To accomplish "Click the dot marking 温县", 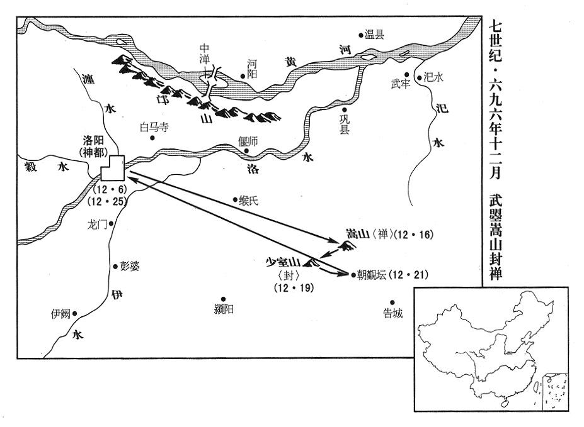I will (361, 35).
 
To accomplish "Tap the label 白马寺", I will (154, 127).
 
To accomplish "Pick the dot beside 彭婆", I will (115, 266).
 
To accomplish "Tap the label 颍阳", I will (224, 309).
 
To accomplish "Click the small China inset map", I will (492, 349).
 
